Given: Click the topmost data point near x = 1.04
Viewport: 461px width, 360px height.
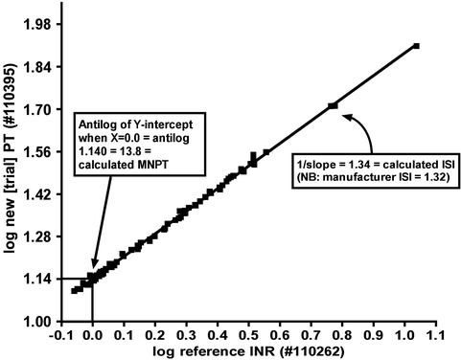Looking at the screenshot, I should click(416, 45).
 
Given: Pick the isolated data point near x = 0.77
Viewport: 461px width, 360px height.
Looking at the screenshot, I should click(332, 105).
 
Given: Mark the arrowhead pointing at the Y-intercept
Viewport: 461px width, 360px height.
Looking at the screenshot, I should click(94, 264).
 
